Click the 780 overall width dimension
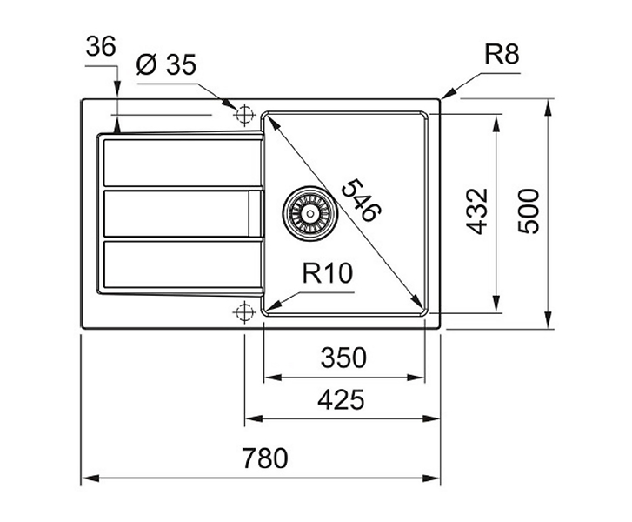coord(265,458)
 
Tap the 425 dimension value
coord(341,400)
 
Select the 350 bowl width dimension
coord(343,358)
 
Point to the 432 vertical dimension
coord(476,211)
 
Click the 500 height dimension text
coord(528,211)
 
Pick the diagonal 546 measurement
coord(361,200)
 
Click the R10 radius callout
coord(327,272)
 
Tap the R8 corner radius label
coord(502,54)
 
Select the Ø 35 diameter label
coord(166,64)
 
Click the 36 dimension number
coord(101,46)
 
